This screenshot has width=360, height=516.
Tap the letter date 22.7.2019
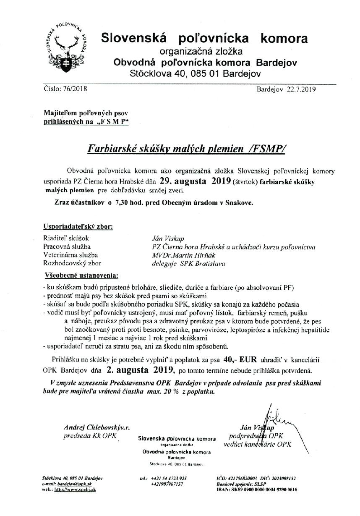point(302,89)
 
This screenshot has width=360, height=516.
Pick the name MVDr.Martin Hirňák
point(181,255)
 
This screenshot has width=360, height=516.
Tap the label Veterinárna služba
point(70,255)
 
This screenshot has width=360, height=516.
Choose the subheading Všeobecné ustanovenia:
point(81,276)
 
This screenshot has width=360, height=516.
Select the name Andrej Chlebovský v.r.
point(97,427)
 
